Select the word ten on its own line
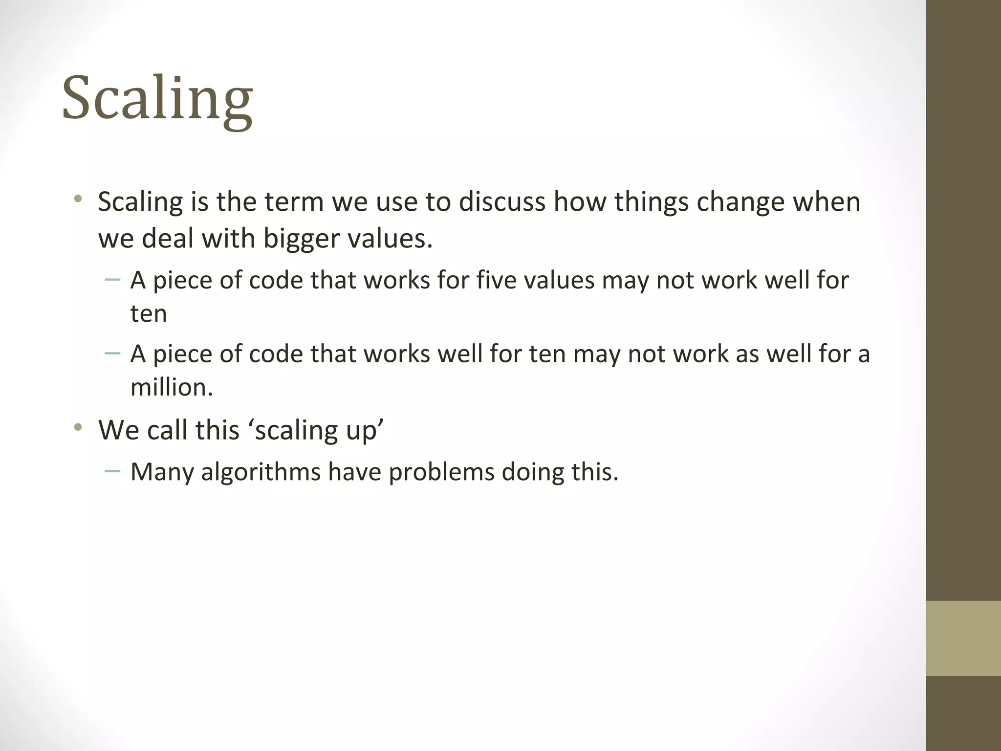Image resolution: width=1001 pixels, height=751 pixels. coord(149,313)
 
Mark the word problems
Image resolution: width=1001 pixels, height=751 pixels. coord(441,472)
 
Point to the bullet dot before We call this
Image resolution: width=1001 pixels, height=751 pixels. coord(78,428)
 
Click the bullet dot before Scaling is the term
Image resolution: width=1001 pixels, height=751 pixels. coord(78,199)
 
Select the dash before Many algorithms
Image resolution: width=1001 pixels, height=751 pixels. coord(112,471)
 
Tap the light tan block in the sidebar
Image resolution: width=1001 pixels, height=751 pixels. coord(963,638)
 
